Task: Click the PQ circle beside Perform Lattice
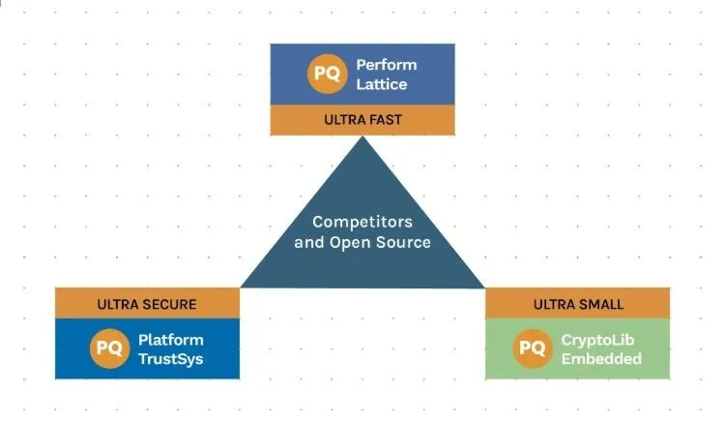click(327, 75)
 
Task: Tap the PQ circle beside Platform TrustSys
click(110, 349)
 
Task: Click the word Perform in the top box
click(387, 65)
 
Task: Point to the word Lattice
click(381, 84)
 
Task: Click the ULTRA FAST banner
click(362, 120)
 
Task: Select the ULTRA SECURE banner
click(147, 304)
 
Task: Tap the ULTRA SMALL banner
click(578, 304)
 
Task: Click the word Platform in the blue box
click(171, 340)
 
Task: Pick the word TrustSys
click(171, 359)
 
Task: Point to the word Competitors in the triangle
click(362, 222)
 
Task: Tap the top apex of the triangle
click(362, 138)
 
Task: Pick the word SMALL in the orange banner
click(600, 304)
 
